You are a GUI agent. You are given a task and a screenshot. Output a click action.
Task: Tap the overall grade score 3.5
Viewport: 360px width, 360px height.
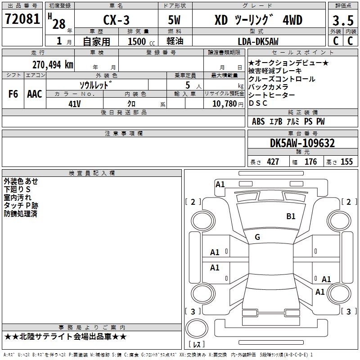click(x=342, y=21)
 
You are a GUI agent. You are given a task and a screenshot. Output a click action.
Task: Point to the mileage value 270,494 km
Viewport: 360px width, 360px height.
click(x=53, y=64)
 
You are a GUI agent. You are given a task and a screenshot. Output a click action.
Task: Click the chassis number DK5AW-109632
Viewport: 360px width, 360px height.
click(x=302, y=143)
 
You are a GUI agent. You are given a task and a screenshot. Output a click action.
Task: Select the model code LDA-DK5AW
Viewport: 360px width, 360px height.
click(x=258, y=41)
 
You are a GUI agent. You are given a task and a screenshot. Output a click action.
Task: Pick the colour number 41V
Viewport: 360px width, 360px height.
click(x=75, y=103)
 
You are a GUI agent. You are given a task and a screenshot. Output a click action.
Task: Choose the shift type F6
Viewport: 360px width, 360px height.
click(x=13, y=94)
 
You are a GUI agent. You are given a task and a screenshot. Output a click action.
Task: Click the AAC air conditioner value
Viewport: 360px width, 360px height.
click(x=35, y=94)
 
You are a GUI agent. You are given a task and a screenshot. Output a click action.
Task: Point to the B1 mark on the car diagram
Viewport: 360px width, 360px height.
click(x=291, y=216)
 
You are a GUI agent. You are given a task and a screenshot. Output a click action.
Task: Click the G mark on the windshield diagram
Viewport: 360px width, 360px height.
click(x=257, y=237)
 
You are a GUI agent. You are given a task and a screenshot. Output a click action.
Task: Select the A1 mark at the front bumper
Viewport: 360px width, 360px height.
click(x=220, y=184)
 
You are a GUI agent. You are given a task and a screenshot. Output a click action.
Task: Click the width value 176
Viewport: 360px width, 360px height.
click(x=310, y=162)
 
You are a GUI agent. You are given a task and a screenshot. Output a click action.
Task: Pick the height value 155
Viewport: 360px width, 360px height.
click(x=346, y=162)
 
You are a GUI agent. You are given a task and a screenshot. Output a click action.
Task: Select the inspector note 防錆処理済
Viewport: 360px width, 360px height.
click(x=20, y=214)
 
